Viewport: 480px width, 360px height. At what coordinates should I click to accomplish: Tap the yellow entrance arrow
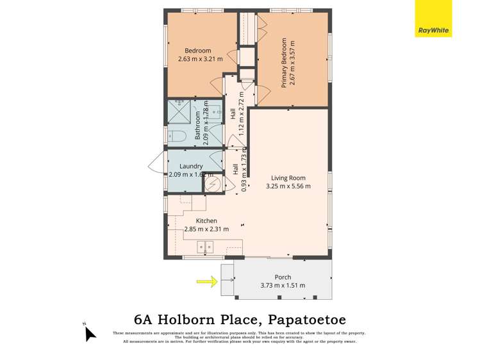tap(205, 280)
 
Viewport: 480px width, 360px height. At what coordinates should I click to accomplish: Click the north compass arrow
tap(90, 332)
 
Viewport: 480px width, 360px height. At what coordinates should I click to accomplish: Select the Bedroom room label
tap(198, 51)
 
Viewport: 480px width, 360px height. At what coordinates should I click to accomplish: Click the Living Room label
tap(288, 178)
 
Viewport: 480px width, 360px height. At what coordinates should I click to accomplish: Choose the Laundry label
tap(191, 167)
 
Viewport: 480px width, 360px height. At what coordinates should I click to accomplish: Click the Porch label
tap(283, 277)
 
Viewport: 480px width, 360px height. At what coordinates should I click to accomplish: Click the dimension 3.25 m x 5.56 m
tap(288, 186)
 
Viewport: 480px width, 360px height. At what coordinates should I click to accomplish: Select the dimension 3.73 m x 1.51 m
tap(283, 286)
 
